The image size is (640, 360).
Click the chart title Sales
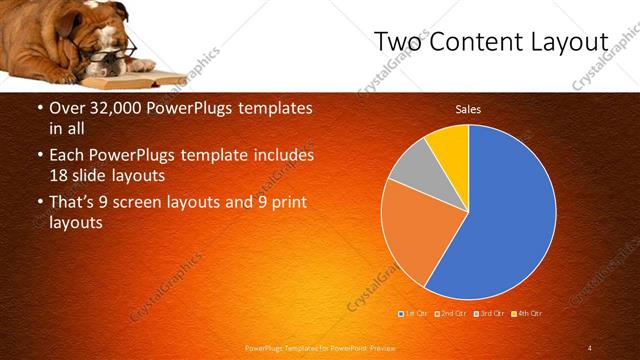[x=468, y=109]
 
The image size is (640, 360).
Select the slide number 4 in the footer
[x=590, y=347]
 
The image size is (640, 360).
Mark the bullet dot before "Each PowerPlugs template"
[x=40, y=157]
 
